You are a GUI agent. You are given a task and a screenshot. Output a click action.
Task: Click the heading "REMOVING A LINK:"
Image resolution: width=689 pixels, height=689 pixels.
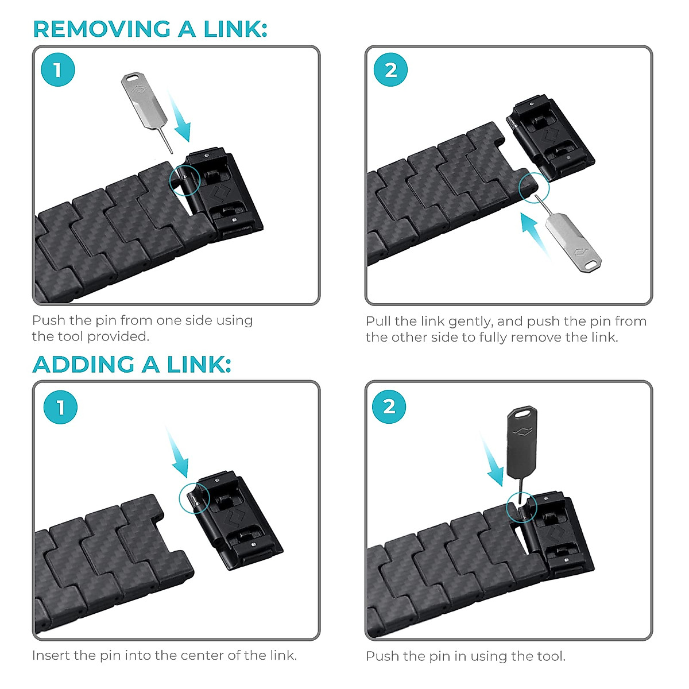click(x=150, y=29)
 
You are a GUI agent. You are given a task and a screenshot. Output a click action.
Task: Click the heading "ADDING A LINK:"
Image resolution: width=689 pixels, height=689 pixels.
click(x=132, y=365)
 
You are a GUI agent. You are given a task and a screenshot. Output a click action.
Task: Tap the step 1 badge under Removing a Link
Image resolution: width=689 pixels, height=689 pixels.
click(x=58, y=69)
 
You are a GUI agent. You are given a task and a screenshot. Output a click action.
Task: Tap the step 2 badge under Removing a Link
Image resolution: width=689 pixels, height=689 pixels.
click(x=390, y=70)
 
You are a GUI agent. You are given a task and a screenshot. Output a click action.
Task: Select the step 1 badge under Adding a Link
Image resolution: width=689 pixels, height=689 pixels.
click(x=60, y=407)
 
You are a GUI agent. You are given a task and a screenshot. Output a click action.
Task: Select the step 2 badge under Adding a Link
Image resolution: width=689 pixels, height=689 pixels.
click(x=389, y=407)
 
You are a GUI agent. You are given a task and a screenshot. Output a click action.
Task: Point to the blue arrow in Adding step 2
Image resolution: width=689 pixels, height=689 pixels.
click(x=494, y=462)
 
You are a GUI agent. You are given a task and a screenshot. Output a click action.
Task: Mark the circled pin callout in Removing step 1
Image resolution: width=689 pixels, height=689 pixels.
click(x=184, y=180)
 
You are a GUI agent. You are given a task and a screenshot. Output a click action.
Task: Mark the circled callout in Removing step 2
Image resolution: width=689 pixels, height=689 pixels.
click(x=534, y=187)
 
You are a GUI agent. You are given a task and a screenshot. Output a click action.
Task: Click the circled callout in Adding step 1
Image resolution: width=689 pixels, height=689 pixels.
click(x=195, y=497)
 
